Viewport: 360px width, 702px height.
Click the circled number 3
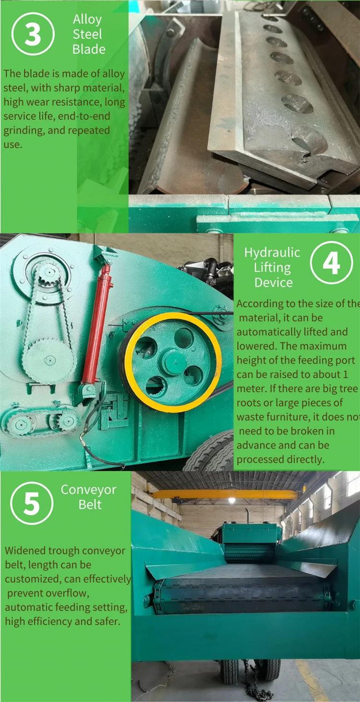click(32, 34)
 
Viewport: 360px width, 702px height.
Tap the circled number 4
click(331, 263)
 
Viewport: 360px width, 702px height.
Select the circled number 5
click(32, 503)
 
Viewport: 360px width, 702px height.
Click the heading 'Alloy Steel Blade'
click(88, 34)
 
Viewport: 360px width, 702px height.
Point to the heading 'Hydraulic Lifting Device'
click(273, 267)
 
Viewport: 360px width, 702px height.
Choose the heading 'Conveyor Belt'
click(89, 497)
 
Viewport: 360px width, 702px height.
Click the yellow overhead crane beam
click(226, 494)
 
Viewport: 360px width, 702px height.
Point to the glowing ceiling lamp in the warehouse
click(232, 500)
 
